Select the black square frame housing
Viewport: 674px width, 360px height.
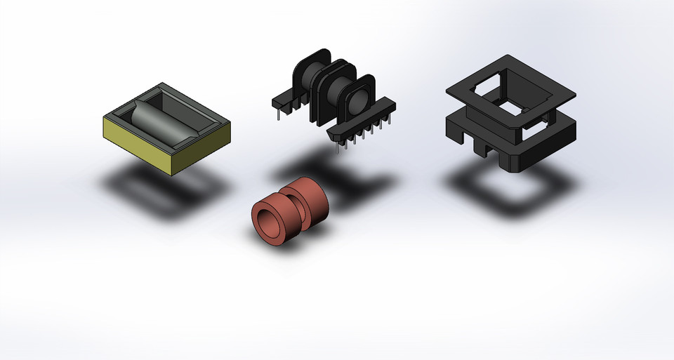pos(510,116)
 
